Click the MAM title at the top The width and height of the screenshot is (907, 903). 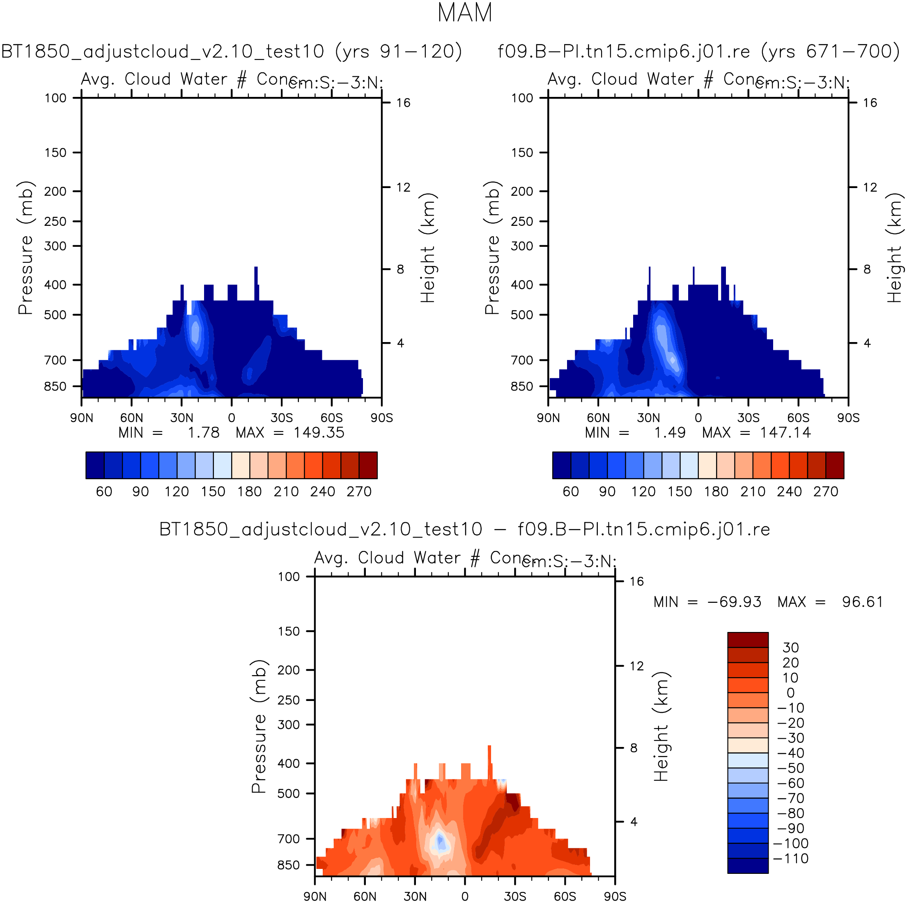point(464,13)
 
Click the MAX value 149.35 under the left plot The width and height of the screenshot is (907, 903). point(319,432)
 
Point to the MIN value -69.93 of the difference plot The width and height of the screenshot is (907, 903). point(734,602)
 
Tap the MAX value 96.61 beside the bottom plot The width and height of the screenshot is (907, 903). point(862,602)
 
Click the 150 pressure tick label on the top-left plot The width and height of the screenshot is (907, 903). point(55,153)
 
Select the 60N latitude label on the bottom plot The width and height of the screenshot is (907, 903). point(365,896)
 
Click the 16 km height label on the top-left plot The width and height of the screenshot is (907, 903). point(403,103)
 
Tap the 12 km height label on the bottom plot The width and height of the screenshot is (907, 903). point(636,666)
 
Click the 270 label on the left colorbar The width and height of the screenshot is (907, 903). point(359,492)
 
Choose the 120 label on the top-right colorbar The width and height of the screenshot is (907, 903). point(643,492)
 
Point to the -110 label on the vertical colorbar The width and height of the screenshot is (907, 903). point(790,858)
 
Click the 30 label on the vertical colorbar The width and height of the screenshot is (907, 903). point(790,648)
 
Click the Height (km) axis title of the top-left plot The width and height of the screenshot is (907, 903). point(428,248)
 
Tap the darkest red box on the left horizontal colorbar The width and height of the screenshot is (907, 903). point(368,465)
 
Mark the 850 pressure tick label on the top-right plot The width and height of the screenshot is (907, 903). point(522,386)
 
